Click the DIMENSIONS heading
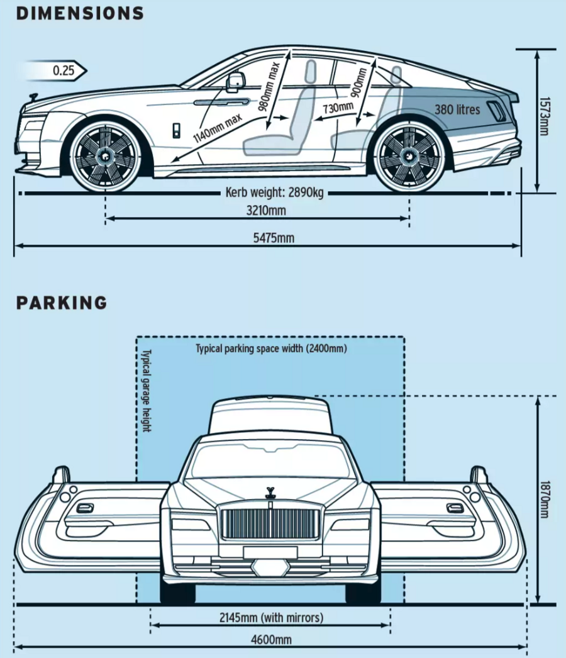80,13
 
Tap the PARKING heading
62,303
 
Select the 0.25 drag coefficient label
64,70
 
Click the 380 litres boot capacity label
457,109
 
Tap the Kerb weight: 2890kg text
274,192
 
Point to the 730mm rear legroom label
338,108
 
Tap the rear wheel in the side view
409,155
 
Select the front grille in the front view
270,523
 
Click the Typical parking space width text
271,348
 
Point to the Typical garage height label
147,391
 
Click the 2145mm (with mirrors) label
271,618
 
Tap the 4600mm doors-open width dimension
271,640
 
